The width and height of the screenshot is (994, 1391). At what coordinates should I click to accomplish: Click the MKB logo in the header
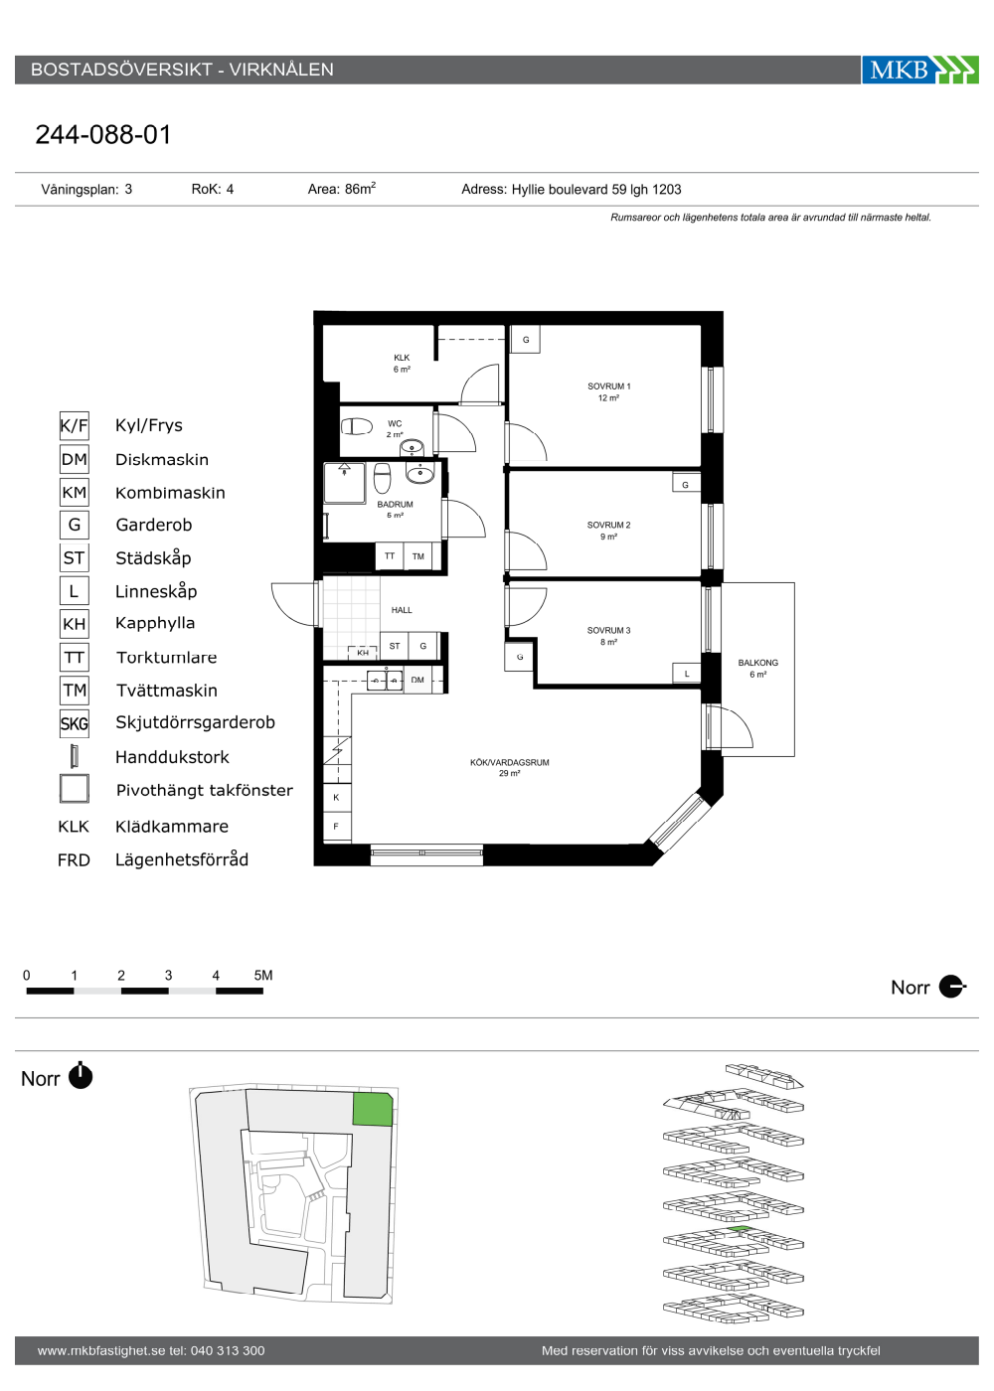[x=919, y=70]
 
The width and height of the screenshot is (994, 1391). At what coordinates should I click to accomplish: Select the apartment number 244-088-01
[x=103, y=135]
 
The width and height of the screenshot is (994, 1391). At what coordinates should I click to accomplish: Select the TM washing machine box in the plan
[x=418, y=556]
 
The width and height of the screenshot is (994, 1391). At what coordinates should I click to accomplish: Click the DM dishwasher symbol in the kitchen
[x=417, y=680]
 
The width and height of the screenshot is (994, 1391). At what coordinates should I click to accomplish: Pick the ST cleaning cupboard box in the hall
[x=395, y=646]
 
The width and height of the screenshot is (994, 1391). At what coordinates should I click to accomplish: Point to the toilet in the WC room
[x=356, y=426]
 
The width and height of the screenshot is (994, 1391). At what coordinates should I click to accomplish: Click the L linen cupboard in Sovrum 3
[x=687, y=674]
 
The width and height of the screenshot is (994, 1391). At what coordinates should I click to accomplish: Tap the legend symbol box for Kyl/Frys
[x=74, y=426]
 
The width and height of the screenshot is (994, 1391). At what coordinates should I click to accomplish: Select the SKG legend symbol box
[x=74, y=723]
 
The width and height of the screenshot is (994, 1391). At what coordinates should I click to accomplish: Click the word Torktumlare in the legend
[x=167, y=658]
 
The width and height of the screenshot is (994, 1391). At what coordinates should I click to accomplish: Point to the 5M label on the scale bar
[x=263, y=975]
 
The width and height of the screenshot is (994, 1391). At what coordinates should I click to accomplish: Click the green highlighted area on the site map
[x=373, y=1110]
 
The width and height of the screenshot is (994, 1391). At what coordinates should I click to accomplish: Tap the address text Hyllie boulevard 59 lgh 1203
[x=596, y=190]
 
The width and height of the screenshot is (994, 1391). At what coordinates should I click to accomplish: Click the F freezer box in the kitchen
[x=337, y=827]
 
